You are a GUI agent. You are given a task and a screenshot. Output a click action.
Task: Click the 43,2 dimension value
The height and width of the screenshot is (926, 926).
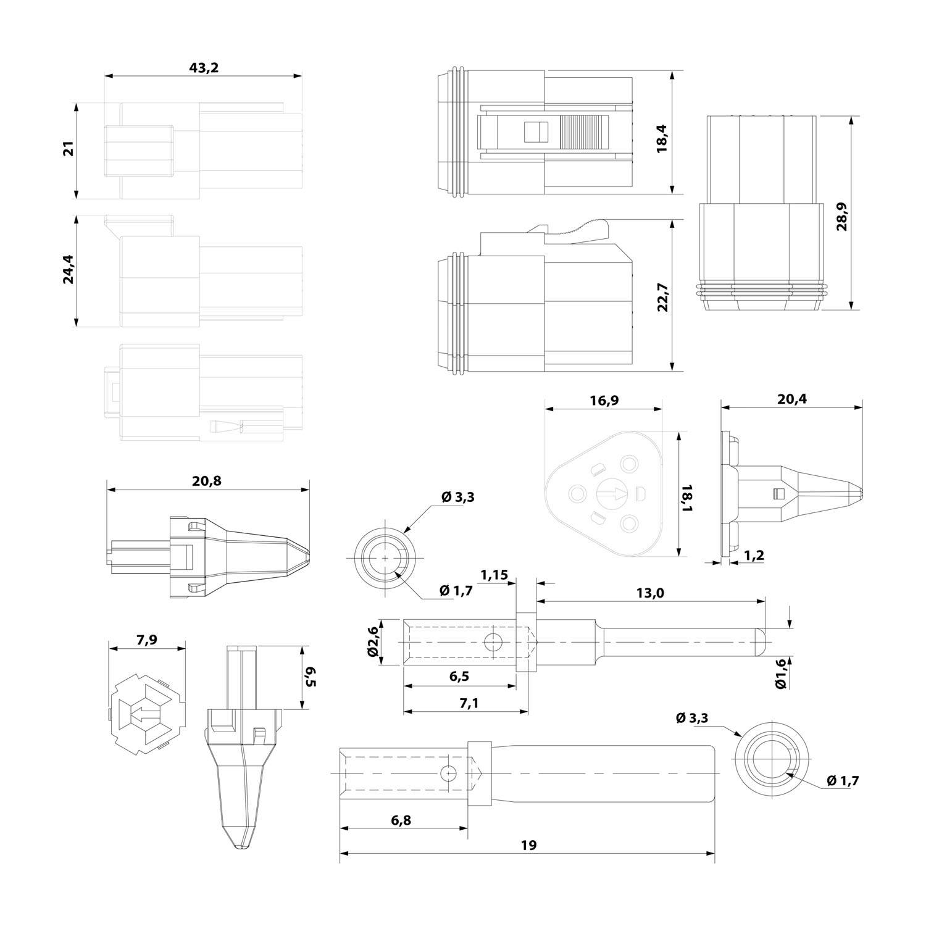(204, 68)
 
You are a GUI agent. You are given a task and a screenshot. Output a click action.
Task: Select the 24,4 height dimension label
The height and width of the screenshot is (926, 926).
(68, 270)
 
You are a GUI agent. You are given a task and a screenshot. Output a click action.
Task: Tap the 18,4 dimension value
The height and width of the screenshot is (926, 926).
(662, 137)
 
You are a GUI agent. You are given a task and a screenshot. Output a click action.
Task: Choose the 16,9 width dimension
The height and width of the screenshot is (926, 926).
(604, 401)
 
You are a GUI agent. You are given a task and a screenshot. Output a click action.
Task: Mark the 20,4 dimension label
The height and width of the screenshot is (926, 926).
(791, 399)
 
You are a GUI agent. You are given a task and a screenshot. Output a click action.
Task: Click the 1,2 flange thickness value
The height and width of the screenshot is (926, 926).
(754, 555)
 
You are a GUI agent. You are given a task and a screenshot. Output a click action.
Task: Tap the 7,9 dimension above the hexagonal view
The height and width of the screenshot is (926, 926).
(146, 640)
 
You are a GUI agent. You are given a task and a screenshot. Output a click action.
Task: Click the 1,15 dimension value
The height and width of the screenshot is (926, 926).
(494, 575)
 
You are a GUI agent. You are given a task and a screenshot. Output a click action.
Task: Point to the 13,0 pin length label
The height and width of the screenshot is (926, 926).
(649, 593)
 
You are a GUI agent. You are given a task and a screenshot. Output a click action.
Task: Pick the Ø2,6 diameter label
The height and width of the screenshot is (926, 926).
(372, 642)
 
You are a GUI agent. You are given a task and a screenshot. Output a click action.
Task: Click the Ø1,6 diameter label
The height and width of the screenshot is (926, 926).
(782, 674)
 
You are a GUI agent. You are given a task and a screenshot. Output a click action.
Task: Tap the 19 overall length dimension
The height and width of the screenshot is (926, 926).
(528, 845)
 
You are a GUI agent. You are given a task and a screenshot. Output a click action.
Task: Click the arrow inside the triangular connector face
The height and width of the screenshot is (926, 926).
(613, 493)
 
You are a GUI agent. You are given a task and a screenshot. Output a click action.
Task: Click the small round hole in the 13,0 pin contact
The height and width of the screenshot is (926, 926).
(493, 643)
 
